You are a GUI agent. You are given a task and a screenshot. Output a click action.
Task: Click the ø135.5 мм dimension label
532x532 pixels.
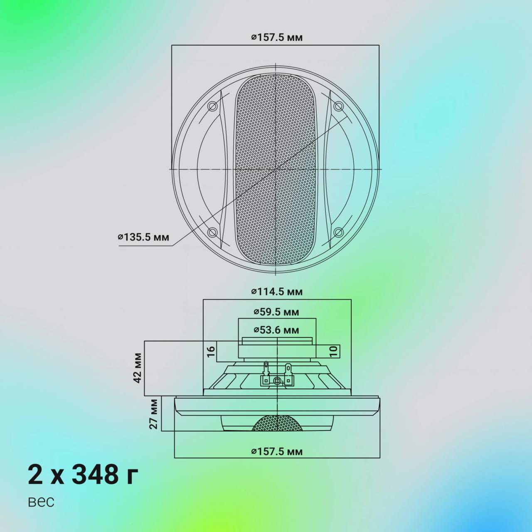point(143,237)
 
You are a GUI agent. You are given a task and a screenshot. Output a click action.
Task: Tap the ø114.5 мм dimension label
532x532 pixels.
point(277,291)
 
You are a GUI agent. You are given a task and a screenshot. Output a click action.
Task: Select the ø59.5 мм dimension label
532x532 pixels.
point(276,312)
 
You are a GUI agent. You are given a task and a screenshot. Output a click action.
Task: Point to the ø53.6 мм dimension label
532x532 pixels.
point(276,330)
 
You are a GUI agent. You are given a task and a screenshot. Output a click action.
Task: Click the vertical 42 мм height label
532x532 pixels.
point(138,368)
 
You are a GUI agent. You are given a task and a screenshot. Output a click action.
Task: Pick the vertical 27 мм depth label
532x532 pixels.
point(154,414)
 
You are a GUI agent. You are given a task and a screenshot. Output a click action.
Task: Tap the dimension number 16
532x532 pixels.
point(211,352)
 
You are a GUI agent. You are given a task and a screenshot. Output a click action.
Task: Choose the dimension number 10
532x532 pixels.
point(333,352)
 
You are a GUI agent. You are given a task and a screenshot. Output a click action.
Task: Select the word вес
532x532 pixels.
point(41,502)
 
